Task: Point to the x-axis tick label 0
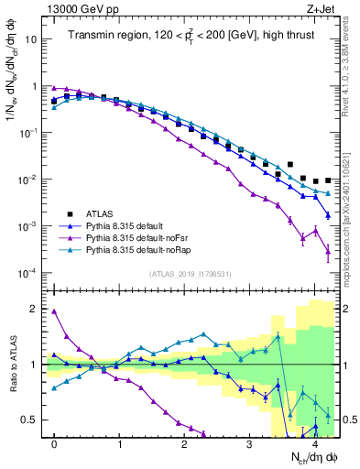[x=54, y=444]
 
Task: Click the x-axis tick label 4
[x=315, y=444]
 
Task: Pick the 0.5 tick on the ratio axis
[x=29, y=420]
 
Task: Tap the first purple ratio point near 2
[x=54, y=311]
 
